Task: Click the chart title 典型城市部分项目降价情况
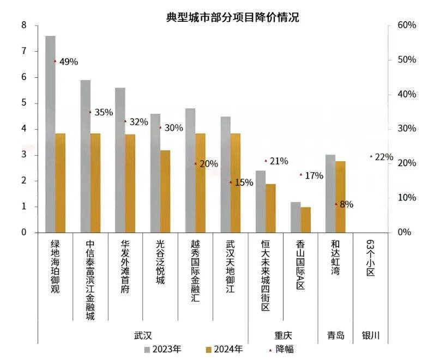point(232,16)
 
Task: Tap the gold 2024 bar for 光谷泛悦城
point(165,191)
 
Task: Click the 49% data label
point(69,62)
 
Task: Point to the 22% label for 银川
point(384,157)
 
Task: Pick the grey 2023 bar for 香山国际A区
point(296,217)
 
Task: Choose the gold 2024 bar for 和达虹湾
point(340,197)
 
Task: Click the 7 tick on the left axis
point(24,51)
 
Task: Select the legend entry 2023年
point(167,349)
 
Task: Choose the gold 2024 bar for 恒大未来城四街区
point(270,208)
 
